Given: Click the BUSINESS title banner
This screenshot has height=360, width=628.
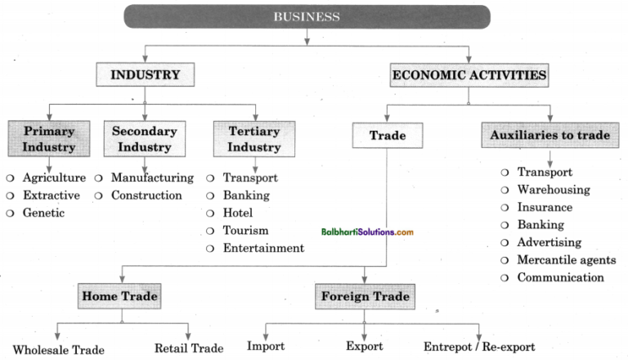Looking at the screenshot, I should click(306, 16).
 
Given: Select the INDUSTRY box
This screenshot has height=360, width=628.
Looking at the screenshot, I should click(145, 75).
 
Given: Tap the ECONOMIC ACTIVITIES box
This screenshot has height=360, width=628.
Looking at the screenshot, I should click(469, 75).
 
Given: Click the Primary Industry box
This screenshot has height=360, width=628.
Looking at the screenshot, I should click(49, 139).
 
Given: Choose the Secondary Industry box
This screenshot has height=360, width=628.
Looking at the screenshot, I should click(144, 139).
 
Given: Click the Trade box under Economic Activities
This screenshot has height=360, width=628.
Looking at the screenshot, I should click(388, 136).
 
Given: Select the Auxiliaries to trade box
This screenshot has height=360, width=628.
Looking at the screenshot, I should click(549, 136).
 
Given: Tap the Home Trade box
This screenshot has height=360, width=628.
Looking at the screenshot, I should click(119, 296).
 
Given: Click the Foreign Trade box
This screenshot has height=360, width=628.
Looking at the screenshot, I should click(364, 296).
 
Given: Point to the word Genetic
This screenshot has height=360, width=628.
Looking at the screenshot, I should click(43, 213).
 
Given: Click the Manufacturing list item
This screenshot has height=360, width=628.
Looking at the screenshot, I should click(152, 178).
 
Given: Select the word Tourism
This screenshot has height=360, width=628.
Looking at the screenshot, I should click(245, 231).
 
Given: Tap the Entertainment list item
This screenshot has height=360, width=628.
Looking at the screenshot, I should click(263, 248).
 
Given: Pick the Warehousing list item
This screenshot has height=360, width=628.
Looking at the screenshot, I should click(553, 190).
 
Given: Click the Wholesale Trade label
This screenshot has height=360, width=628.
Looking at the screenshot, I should click(59, 349).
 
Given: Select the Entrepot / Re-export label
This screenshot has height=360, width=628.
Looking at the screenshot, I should click(481, 347).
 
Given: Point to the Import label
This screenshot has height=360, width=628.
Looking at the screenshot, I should click(266, 347).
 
